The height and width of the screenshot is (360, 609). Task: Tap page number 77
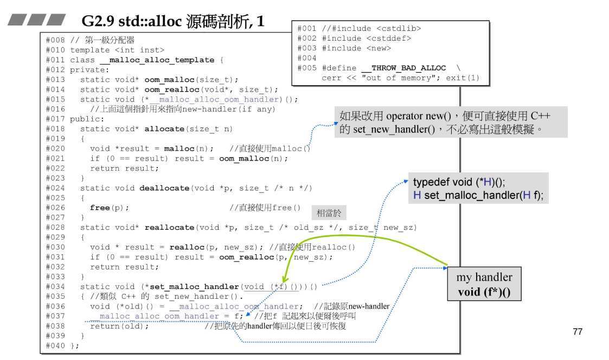(x=578, y=331)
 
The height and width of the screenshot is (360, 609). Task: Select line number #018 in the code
(x=55, y=129)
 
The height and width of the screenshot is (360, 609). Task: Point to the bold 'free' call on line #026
(x=100, y=208)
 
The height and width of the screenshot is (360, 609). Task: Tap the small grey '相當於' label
(x=329, y=213)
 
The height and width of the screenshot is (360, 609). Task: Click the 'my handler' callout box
(x=484, y=285)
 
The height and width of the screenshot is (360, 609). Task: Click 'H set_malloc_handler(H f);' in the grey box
(x=478, y=195)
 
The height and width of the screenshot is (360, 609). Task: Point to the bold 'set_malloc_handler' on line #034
(x=194, y=287)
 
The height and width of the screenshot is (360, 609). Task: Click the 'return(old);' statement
(x=119, y=326)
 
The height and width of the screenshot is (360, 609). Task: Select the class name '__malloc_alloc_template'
(x=157, y=60)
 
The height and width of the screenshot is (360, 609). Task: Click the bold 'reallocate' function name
(x=169, y=228)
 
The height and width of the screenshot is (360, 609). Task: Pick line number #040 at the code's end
(x=55, y=346)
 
